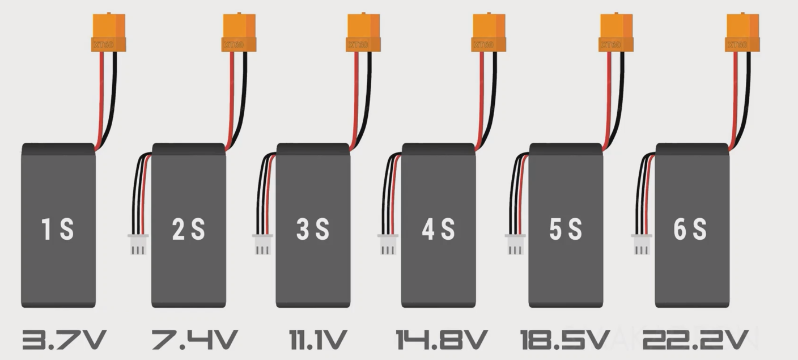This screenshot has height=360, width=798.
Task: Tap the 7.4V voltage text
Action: click(194, 340)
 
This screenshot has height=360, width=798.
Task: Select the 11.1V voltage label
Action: click(317, 340)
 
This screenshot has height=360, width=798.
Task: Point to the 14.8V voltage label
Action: click(442, 340)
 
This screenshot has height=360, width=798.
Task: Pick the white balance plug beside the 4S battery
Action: click(388, 244)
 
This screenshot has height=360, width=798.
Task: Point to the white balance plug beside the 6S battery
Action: click(642, 244)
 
